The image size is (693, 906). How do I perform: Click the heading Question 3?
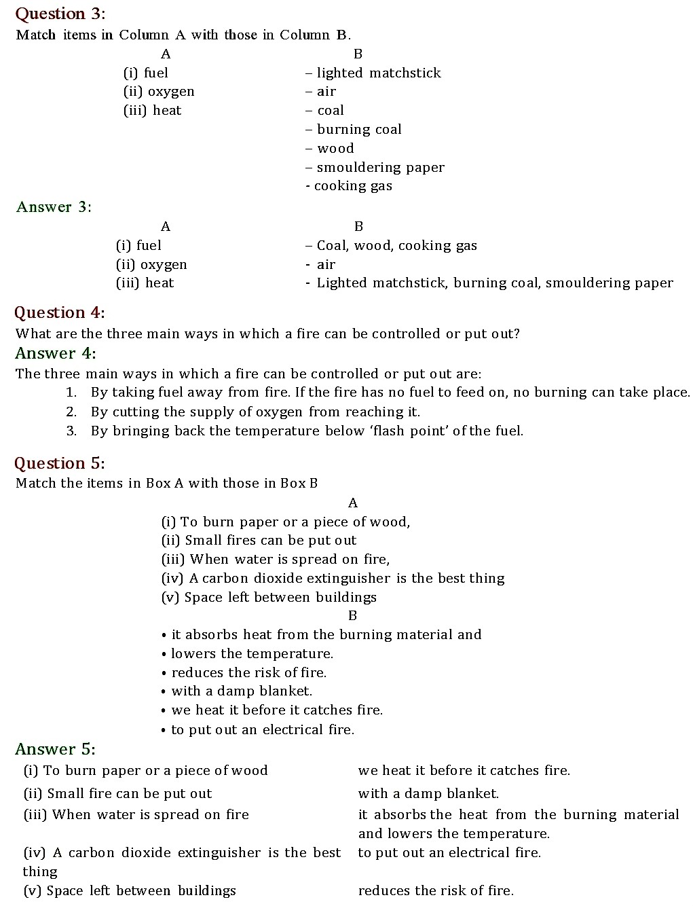(60, 14)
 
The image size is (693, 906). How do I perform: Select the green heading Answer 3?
(54, 207)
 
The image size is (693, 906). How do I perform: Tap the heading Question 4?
(60, 313)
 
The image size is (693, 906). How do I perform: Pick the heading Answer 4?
(56, 353)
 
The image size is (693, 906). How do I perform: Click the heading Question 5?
(60, 463)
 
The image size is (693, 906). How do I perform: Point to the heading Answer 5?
(55, 749)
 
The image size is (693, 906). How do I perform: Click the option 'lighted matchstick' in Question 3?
(378, 73)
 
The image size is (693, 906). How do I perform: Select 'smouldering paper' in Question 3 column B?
(380, 167)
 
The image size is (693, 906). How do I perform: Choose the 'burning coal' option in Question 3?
(359, 129)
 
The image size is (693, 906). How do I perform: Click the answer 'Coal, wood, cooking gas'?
(396, 245)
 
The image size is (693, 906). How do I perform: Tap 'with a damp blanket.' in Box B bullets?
(242, 691)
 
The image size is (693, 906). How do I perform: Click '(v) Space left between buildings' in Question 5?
(269, 598)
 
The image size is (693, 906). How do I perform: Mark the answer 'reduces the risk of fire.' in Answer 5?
(436, 890)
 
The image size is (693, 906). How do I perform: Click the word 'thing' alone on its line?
(40, 871)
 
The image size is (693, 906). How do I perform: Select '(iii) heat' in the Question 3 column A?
(153, 111)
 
